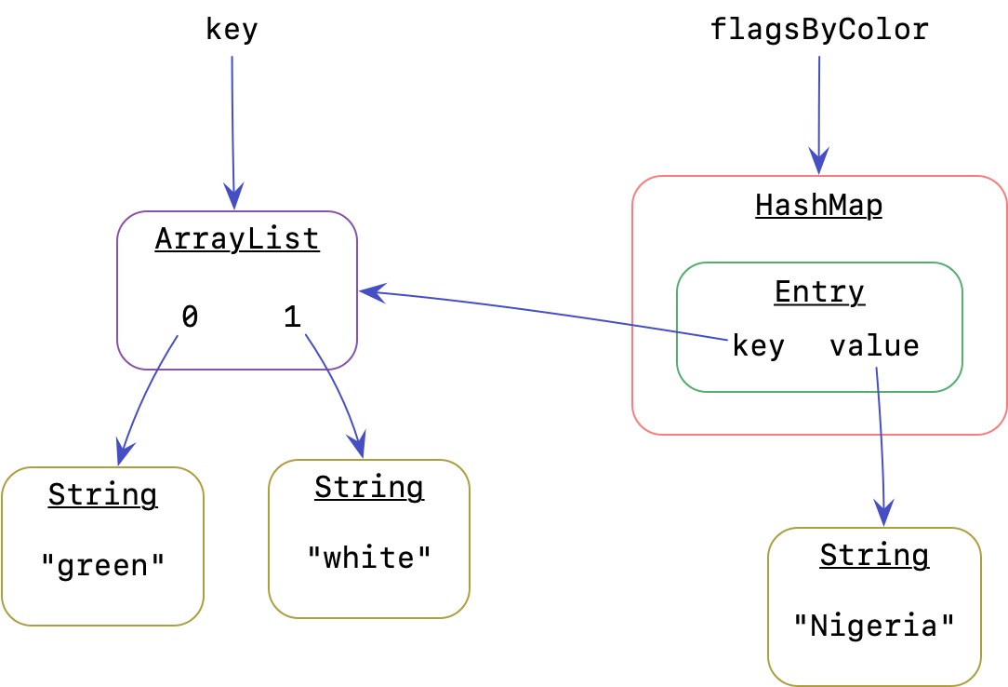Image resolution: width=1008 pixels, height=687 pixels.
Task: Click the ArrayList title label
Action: pyautogui.click(x=237, y=239)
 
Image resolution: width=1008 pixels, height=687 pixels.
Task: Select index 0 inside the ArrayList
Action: pyautogui.click(x=190, y=318)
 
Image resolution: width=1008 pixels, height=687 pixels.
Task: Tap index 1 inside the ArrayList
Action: pyautogui.click(x=292, y=318)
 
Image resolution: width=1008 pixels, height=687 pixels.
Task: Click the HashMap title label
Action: pyautogui.click(x=818, y=205)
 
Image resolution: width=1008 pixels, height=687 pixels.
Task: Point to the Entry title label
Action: pyautogui.click(x=819, y=292)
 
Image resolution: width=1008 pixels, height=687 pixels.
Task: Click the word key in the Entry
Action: pyautogui.click(x=759, y=346)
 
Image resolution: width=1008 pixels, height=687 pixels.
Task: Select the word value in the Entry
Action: pyautogui.click(x=874, y=346)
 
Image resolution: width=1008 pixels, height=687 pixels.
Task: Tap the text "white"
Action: pyautogui.click(x=369, y=558)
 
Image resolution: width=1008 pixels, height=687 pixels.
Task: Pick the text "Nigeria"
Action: pyautogui.click(x=874, y=625)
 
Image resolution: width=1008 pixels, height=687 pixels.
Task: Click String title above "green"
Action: pyautogui.click(x=102, y=494)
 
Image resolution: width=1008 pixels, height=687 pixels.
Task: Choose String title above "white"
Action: pyautogui.click(x=369, y=488)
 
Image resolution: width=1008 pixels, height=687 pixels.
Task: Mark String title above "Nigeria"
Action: pyautogui.click(x=874, y=556)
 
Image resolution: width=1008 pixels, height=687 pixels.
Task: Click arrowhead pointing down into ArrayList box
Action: pyautogui.click(x=233, y=198)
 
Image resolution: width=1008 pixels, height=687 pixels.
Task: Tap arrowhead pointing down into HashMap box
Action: pyautogui.click(x=818, y=162)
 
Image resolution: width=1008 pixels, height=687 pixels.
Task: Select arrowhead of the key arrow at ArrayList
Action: pyautogui.click(x=371, y=292)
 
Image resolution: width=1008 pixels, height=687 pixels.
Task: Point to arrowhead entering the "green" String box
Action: pyautogui.click(x=123, y=453)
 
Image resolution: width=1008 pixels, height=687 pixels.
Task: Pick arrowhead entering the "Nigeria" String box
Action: pyautogui.click(x=882, y=513)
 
